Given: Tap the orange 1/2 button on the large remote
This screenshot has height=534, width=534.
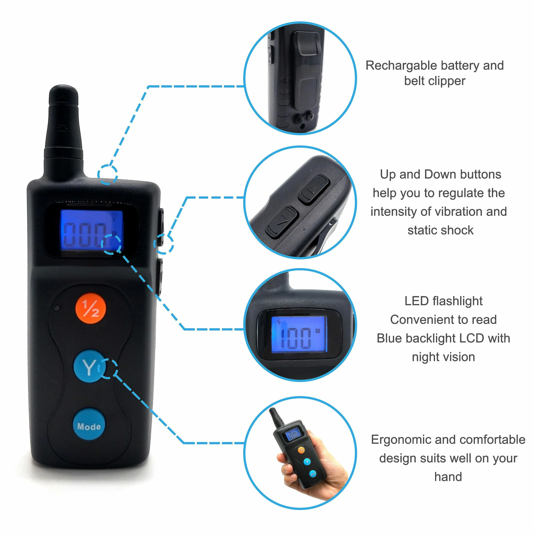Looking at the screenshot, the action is point(91,308).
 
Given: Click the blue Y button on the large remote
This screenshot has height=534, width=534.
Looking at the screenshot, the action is point(89,366).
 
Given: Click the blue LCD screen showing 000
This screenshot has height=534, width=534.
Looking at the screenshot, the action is point(91,230).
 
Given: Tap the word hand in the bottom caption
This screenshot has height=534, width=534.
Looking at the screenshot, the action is point(448,477).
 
